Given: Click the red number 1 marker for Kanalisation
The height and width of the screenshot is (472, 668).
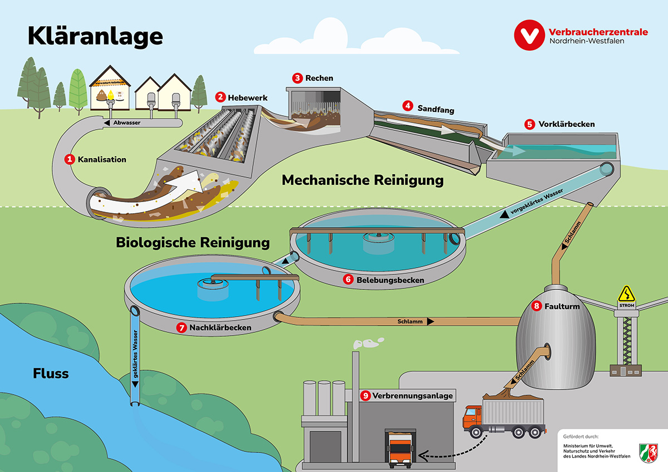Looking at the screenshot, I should (70, 159).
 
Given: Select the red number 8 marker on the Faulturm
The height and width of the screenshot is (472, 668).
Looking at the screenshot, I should (537, 306).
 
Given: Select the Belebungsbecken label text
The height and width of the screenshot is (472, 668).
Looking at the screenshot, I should (390, 280).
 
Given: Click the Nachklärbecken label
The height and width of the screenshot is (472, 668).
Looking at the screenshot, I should (221, 328).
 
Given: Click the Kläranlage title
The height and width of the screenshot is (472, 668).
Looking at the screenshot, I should (95, 36).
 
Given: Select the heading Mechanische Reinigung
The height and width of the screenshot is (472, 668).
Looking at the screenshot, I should (362, 180).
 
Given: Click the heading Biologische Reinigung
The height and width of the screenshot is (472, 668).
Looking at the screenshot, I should (193, 243).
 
